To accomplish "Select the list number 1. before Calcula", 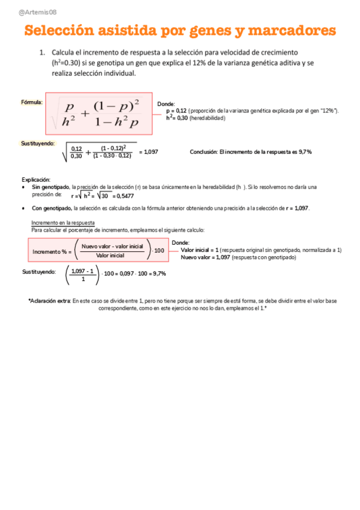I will point(42,53).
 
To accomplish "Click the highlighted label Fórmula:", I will point(32,102).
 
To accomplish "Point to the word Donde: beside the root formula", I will point(166,104).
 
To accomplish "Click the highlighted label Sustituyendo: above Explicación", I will point(38,143).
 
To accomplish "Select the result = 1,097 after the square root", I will point(148,152).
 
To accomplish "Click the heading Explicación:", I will point(36,180).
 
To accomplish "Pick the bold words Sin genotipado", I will point(50,187).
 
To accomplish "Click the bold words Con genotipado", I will point(51,208).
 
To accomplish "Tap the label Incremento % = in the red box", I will point(52,251).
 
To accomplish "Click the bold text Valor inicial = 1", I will point(200,250).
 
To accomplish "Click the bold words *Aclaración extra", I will point(49,301).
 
